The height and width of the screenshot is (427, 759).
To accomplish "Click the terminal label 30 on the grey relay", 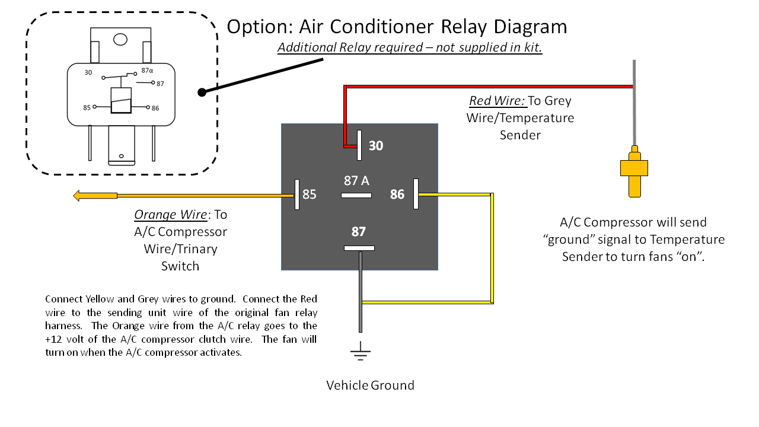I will pyautogui.click(x=376, y=145).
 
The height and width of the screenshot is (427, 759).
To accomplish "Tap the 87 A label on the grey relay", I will pyautogui.click(x=356, y=180).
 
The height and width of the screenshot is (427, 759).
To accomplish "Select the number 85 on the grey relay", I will pyautogui.click(x=310, y=194).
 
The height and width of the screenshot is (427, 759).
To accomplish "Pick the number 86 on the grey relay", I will pyautogui.click(x=397, y=194).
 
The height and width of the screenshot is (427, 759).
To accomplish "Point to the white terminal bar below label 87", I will pyautogui.click(x=359, y=248).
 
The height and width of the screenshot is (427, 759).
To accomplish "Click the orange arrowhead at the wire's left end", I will pyautogui.click(x=78, y=196).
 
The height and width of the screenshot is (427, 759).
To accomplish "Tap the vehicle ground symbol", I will pyautogui.click(x=360, y=354).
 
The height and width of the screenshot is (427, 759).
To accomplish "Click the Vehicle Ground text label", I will pyautogui.click(x=370, y=385).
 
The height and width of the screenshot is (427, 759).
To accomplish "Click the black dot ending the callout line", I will pyautogui.click(x=202, y=92).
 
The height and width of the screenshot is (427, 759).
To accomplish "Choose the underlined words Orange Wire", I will pyautogui.click(x=171, y=214).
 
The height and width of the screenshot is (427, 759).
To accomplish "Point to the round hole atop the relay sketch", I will pyautogui.click(x=120, y=40).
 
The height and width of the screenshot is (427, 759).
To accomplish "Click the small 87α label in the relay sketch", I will pyautogui.click(x=147, y=70).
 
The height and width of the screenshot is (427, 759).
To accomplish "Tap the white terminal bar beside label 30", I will pyautogui.click(x=359, y=145).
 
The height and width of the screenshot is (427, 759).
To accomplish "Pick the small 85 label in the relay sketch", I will pyautogui.click(x=87, y=107).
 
